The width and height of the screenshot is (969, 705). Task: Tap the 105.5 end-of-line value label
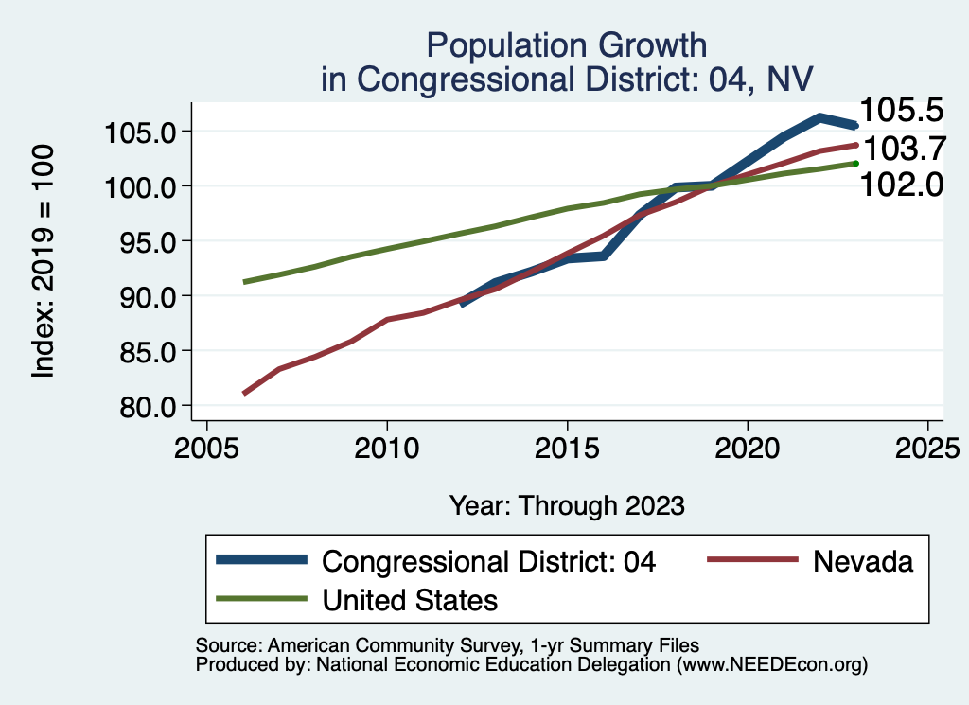(x=902, y=111)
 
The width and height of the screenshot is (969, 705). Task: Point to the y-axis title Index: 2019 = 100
(x=44, y=262)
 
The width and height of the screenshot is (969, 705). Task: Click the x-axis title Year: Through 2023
(x=566, y=505)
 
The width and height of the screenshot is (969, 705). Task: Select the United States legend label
(x=410, y=599)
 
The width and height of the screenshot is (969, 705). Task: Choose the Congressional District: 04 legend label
(x=489, y=561)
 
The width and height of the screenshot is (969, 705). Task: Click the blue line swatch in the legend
(x=262, y=560)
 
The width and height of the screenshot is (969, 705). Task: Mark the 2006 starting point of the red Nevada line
(x=244, y=393)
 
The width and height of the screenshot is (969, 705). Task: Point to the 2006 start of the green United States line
(x=244, y=282)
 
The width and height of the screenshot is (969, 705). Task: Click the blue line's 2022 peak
(x=819, y=117)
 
